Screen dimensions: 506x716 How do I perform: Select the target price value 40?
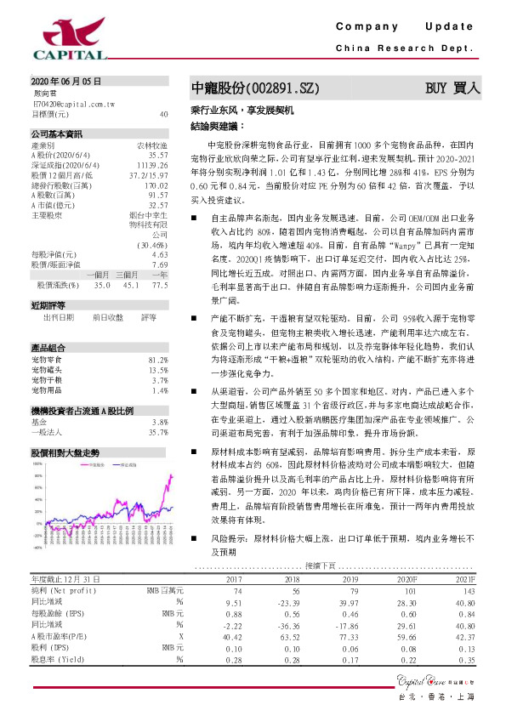(x=163, y=113)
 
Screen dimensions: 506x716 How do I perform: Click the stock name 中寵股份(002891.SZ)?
(x=255, y=88)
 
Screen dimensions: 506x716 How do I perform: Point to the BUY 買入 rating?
(x=453, y=88)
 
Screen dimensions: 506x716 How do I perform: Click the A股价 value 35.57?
(x=158, y=156)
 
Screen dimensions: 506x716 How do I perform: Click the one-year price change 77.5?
(x=160, y=285)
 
